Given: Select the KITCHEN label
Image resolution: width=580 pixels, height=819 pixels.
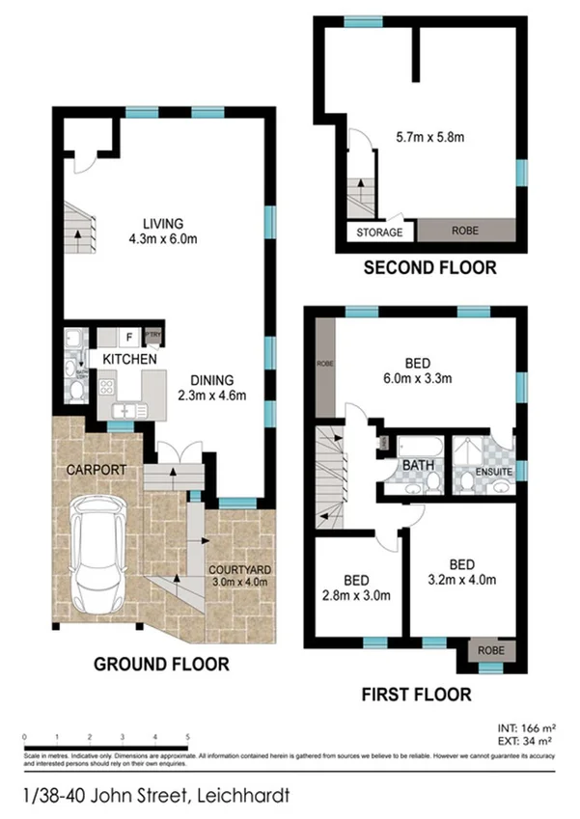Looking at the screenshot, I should coord(130,359).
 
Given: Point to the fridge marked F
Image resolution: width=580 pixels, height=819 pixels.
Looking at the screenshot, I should coord(128,338).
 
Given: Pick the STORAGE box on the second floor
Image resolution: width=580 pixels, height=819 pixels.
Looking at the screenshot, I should coord(380,232).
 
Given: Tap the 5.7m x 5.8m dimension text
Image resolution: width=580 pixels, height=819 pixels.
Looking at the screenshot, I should coord(430,138).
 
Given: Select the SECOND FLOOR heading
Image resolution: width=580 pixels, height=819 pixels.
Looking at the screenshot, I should coord(429,268).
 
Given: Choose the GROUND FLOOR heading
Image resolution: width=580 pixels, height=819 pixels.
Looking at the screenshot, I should coord(161,664).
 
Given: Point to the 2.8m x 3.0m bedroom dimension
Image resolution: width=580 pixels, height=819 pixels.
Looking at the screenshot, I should coord(357,595).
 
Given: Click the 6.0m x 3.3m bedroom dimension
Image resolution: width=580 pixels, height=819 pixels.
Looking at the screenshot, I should coord(417,379).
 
